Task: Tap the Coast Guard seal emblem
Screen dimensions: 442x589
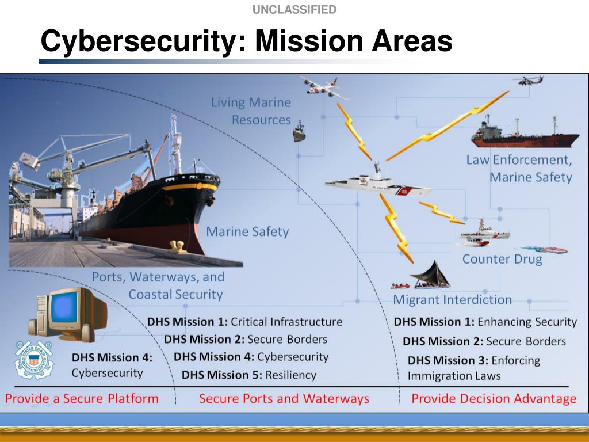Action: click(33, 359)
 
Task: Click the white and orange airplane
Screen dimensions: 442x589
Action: click(323, 88)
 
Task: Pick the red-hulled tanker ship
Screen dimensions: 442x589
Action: click(524, 136)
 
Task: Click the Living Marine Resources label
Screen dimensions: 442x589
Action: click(251, 111)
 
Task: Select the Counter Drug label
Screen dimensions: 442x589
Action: click(502, 259)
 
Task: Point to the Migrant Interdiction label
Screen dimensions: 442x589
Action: click(452, 300)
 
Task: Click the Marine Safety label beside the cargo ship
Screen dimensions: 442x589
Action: click(247, 232)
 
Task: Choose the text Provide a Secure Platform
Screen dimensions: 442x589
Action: click(82, 398)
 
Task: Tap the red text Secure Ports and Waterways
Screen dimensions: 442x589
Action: click(284, 398)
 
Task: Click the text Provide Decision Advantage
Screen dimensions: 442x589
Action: click(494, 398)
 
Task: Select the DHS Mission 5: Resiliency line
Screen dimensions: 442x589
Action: click(249, 375)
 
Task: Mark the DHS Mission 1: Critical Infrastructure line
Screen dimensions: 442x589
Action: click(244, 322)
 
